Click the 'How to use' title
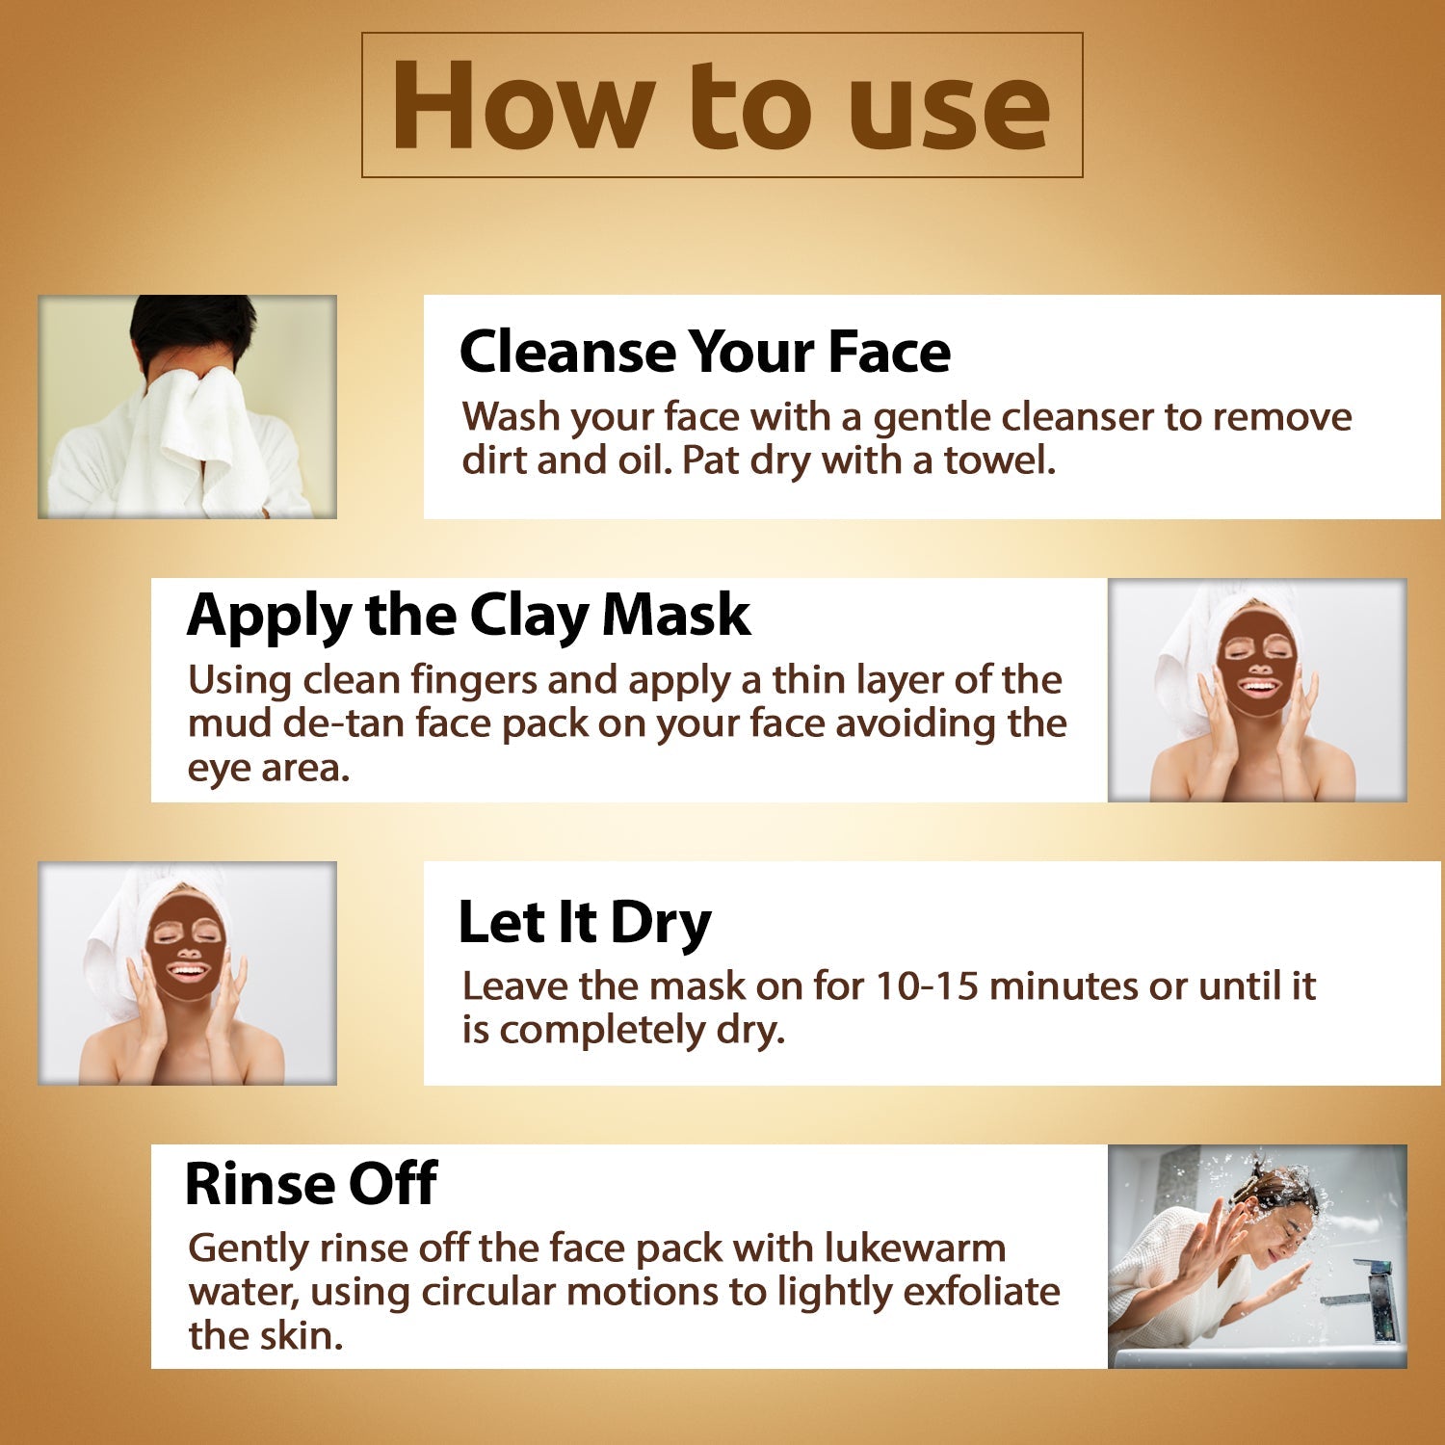(x=721, y=106)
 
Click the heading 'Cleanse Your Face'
(x=704, y=352)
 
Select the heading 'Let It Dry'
(x=584, y=922)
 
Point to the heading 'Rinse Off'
(x=311, y=1183)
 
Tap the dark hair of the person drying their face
(x=193, y=328)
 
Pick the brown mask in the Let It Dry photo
(x=185, y=949)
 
